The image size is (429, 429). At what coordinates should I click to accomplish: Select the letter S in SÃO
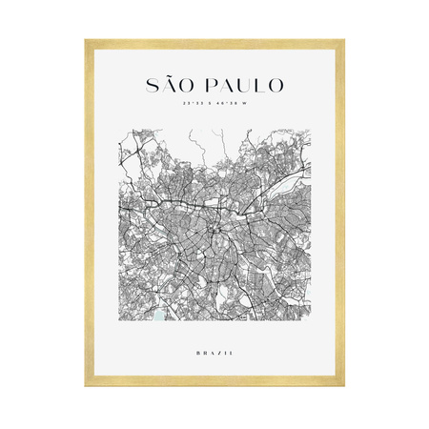tap(152, 85)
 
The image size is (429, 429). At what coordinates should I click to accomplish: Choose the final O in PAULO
tap(276, 85)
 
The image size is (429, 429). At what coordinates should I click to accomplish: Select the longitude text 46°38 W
tap(233, 104)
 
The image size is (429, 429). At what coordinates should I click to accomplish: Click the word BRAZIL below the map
tap(214, 353)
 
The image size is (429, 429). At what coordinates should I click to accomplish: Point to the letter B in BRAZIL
tap(194, 353)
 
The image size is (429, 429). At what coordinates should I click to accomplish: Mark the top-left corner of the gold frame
tap(86, 41)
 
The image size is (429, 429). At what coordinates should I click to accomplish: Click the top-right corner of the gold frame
tap(342, 41)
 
